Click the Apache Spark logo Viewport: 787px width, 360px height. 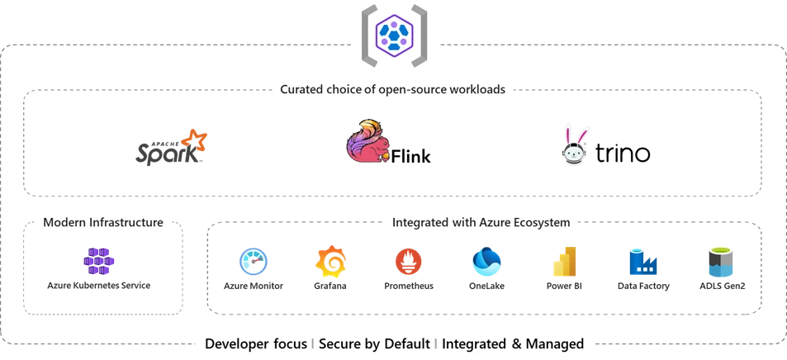[x=171, y=147]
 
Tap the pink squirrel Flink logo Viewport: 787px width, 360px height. [x=367, y=143]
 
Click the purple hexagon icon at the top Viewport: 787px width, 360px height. [x=394, y=36]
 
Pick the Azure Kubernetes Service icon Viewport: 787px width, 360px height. [x=99, y=261]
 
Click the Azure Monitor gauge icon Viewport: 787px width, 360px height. [x=254, y=261]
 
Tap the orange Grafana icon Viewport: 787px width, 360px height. [x=329, y=261]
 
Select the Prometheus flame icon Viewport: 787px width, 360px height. [x=409, y=261]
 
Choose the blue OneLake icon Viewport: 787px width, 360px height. [x=486, y=261]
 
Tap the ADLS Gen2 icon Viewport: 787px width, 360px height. [x=720, y=261]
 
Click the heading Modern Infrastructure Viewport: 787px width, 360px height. [x=103, y=222]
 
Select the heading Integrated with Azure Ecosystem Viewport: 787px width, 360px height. [x=481, y=222]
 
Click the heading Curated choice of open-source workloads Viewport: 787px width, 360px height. [x=392, y=89]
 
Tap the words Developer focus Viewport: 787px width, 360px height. [x=256, y=343]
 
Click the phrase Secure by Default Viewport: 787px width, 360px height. [x=374, y=343]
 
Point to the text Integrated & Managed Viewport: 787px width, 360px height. [x=513, y=343]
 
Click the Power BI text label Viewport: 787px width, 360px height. [x=565, y=287]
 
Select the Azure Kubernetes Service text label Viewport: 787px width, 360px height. [x=99, y=286]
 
